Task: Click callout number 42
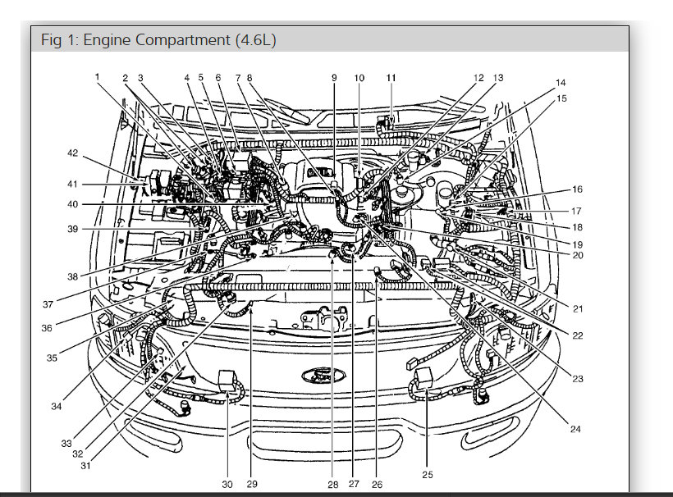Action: (x=72, y=153)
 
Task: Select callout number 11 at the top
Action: (x=391, y=78)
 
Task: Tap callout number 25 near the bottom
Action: (x=427, y=475)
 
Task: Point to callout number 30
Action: (x=227, y=484)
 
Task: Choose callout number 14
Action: (x=561, y=82)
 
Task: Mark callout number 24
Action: (x=575, y=429)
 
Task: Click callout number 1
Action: (x=98, y=77)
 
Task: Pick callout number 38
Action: (x=72, y=276)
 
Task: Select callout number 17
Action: (x=576, y=211)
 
